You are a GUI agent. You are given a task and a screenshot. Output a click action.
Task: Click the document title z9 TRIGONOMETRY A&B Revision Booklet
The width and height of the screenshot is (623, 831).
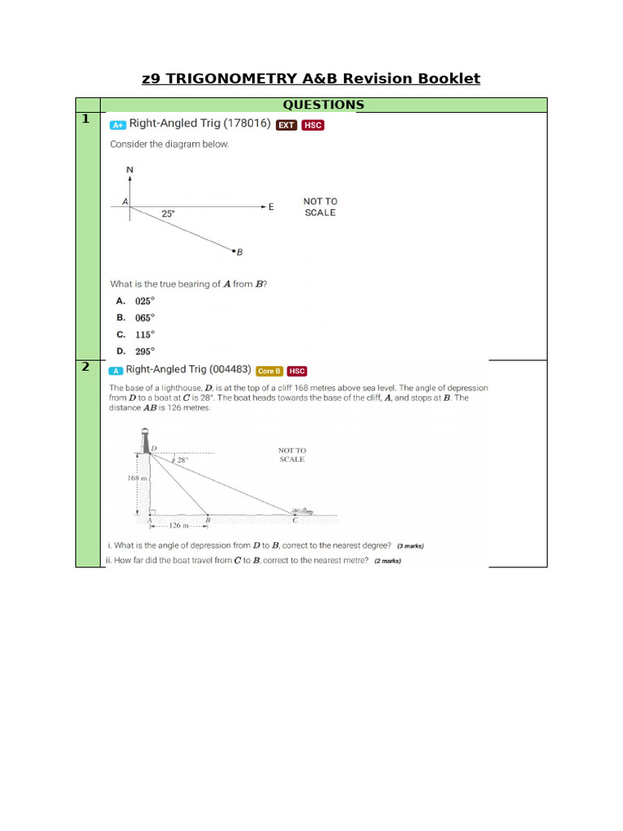click(311, 79)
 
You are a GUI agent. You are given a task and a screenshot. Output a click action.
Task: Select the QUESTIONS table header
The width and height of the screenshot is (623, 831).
click(323, 105)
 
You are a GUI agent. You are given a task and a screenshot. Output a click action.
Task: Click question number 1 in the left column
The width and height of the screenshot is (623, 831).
click(85, 119)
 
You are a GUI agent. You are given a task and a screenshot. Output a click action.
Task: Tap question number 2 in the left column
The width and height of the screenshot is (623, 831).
click(85, 368)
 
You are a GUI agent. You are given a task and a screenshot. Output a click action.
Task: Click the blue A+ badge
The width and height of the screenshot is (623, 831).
click(118, 125)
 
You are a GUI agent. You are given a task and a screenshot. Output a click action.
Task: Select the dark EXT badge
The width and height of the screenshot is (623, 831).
click(286, 125)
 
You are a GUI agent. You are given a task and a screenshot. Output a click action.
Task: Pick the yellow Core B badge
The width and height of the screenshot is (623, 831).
click(269, 371)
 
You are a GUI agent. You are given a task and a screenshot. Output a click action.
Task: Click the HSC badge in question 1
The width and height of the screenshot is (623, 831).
click(312, 125)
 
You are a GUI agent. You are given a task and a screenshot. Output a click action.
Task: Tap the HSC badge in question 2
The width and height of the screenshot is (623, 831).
click(297, 371)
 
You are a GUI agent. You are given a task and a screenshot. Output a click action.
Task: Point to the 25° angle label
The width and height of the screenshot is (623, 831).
click(168, 214)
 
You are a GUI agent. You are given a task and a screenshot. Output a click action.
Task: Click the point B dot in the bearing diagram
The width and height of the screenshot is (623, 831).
click(233, 251)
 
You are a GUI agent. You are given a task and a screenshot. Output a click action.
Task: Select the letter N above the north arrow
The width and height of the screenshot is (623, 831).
click(130, 170)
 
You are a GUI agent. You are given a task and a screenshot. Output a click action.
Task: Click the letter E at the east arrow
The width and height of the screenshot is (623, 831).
click(271, 207)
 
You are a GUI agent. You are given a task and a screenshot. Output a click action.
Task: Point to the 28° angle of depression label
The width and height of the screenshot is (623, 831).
click(182, 459)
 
